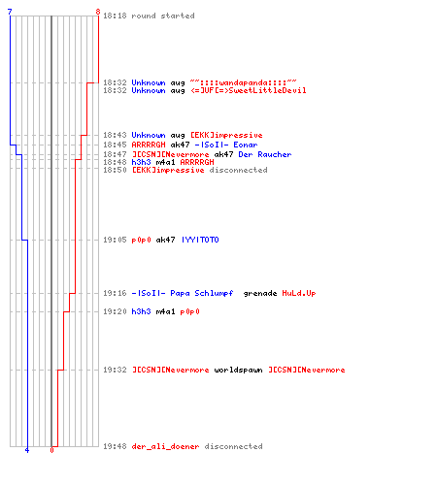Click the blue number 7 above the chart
click(10, 12)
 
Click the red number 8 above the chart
click(98, 12)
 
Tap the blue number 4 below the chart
click(27, 450)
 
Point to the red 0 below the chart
click(51, 450)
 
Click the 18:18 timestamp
click(115, 16)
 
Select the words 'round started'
click(163, 16)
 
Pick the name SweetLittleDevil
click(267, 90)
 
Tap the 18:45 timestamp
click(115, 145)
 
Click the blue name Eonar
click(246, 145)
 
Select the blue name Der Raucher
click(265, 154)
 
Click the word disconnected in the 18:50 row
click(238, 170)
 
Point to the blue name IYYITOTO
click(200, 240)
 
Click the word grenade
click(260, 293)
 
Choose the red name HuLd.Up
click(299, 293)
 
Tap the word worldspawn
click(238, 370)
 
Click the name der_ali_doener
click(165, 446)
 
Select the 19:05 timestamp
click(115, 240)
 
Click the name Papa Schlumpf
click(202, 293)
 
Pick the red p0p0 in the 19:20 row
click(189, 311)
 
